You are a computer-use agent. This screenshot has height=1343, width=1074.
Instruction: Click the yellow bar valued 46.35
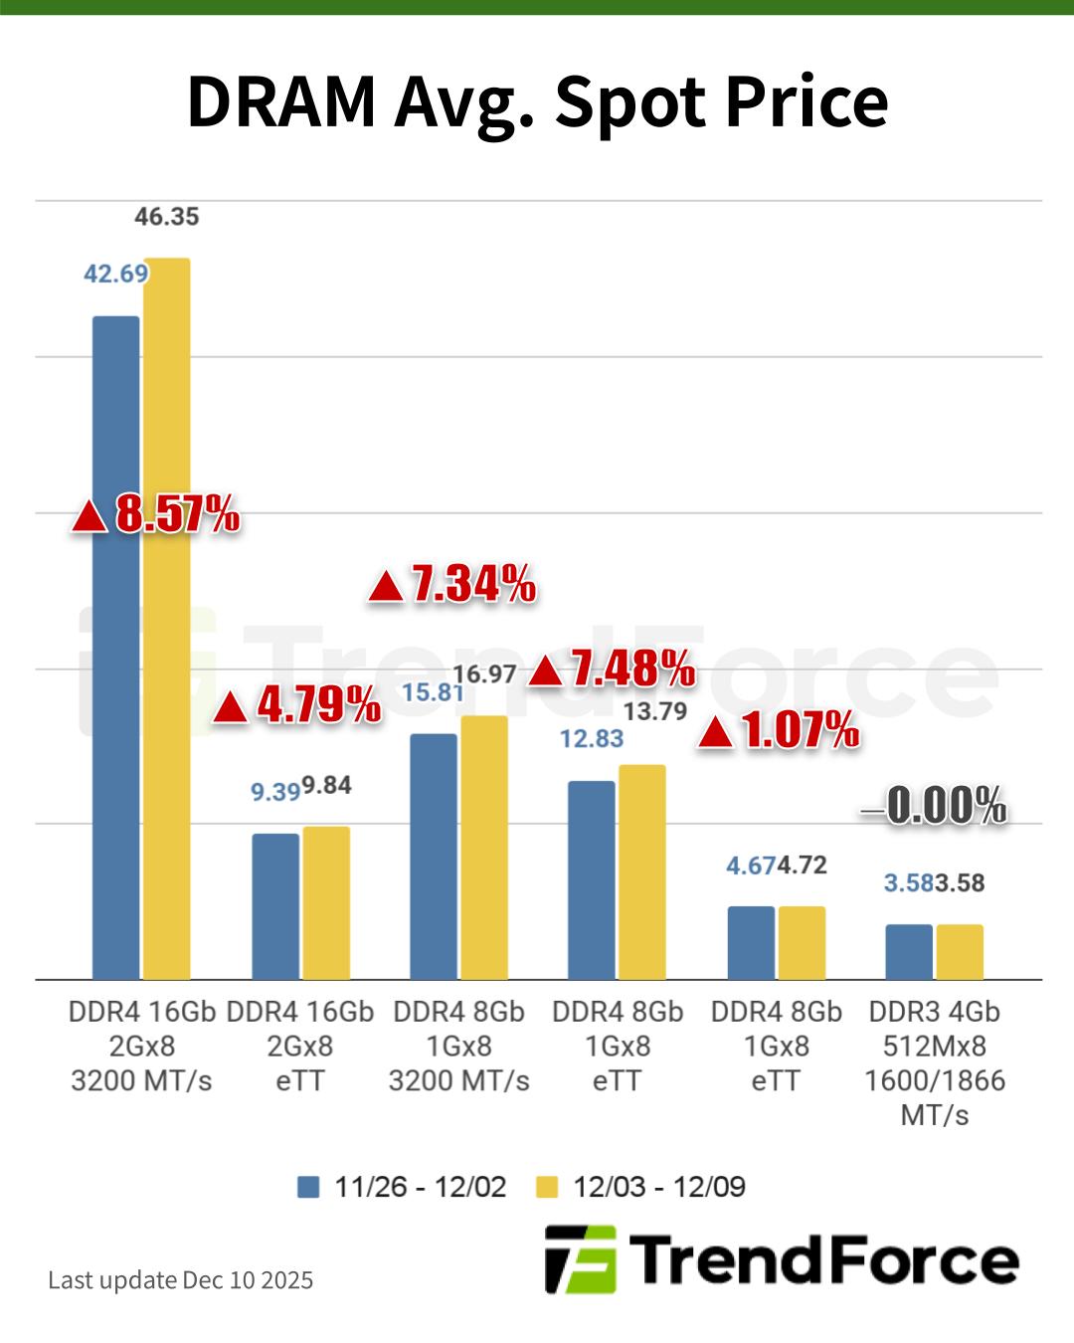point(167,617)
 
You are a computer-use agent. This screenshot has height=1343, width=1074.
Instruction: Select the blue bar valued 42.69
point(116,647)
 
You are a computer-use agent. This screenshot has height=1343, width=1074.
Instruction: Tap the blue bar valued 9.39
point(275,905)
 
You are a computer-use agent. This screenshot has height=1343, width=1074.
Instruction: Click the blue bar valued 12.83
point(592,879)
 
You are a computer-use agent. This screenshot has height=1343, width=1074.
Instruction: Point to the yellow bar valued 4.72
point(802,942)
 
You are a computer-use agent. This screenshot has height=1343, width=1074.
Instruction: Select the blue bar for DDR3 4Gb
point(909,951)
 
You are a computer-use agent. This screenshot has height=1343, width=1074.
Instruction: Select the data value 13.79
point(655,711)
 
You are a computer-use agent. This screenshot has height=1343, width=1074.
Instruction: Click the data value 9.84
point(327,786)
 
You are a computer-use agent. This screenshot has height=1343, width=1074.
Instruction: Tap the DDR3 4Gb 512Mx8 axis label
point(935,1062)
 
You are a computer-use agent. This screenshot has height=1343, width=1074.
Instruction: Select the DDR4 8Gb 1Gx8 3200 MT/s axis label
point(458,1046)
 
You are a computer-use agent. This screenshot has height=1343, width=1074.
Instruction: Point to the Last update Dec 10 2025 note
point(180,1279)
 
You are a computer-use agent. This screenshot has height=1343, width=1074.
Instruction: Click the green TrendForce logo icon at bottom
point(580,1259)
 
